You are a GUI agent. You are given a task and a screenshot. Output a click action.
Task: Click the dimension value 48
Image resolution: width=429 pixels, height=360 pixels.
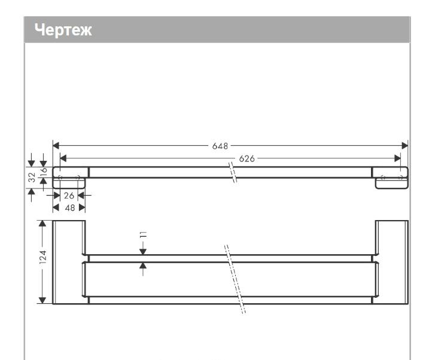[69, 206]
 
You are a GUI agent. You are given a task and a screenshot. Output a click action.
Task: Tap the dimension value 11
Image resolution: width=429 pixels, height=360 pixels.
[143, 234]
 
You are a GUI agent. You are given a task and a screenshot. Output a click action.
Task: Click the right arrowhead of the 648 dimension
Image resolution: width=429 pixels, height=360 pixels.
[404, 145]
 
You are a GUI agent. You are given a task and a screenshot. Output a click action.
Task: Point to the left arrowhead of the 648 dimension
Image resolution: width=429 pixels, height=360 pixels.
[56, 145]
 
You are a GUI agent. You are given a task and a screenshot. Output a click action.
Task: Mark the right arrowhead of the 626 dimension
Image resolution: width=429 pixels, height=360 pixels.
[397, 158]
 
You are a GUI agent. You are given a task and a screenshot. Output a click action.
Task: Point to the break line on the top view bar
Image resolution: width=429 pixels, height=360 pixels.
[235, 172]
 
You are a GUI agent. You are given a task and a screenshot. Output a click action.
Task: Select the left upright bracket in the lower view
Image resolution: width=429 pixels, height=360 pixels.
[69, 261]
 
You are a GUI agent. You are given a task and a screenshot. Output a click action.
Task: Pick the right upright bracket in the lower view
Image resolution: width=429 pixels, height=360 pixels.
[391, 261]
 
